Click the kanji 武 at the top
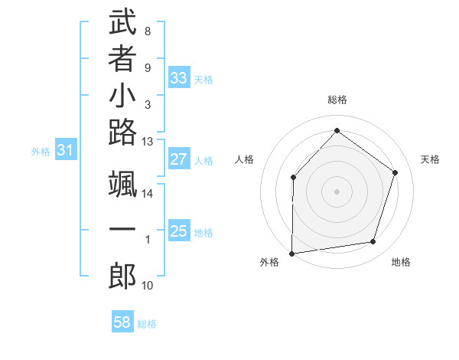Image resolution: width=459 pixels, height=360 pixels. (122, 23)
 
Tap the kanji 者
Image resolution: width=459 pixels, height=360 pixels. (122, 60)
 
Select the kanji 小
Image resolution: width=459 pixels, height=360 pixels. (122, 97)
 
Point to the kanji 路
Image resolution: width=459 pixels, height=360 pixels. (122, 133)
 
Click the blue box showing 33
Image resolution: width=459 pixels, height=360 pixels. (178, 78)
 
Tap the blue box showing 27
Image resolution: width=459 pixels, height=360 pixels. (178, 160)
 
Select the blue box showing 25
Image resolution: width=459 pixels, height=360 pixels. (178, 231)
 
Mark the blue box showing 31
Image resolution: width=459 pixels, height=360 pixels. (65, 151)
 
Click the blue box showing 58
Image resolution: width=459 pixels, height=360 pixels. (122, 322)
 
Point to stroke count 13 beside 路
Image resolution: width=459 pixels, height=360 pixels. (148, 141)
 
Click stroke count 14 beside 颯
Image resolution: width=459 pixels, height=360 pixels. (148, 194)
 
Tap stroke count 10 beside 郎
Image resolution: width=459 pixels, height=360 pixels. (148, 286)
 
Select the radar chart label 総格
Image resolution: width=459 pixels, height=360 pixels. (337, 100)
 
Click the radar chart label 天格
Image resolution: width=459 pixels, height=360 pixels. (430, 159)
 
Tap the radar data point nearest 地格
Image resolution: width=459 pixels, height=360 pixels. (373, 242)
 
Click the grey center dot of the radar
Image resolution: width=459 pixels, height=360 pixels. (337, 191)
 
